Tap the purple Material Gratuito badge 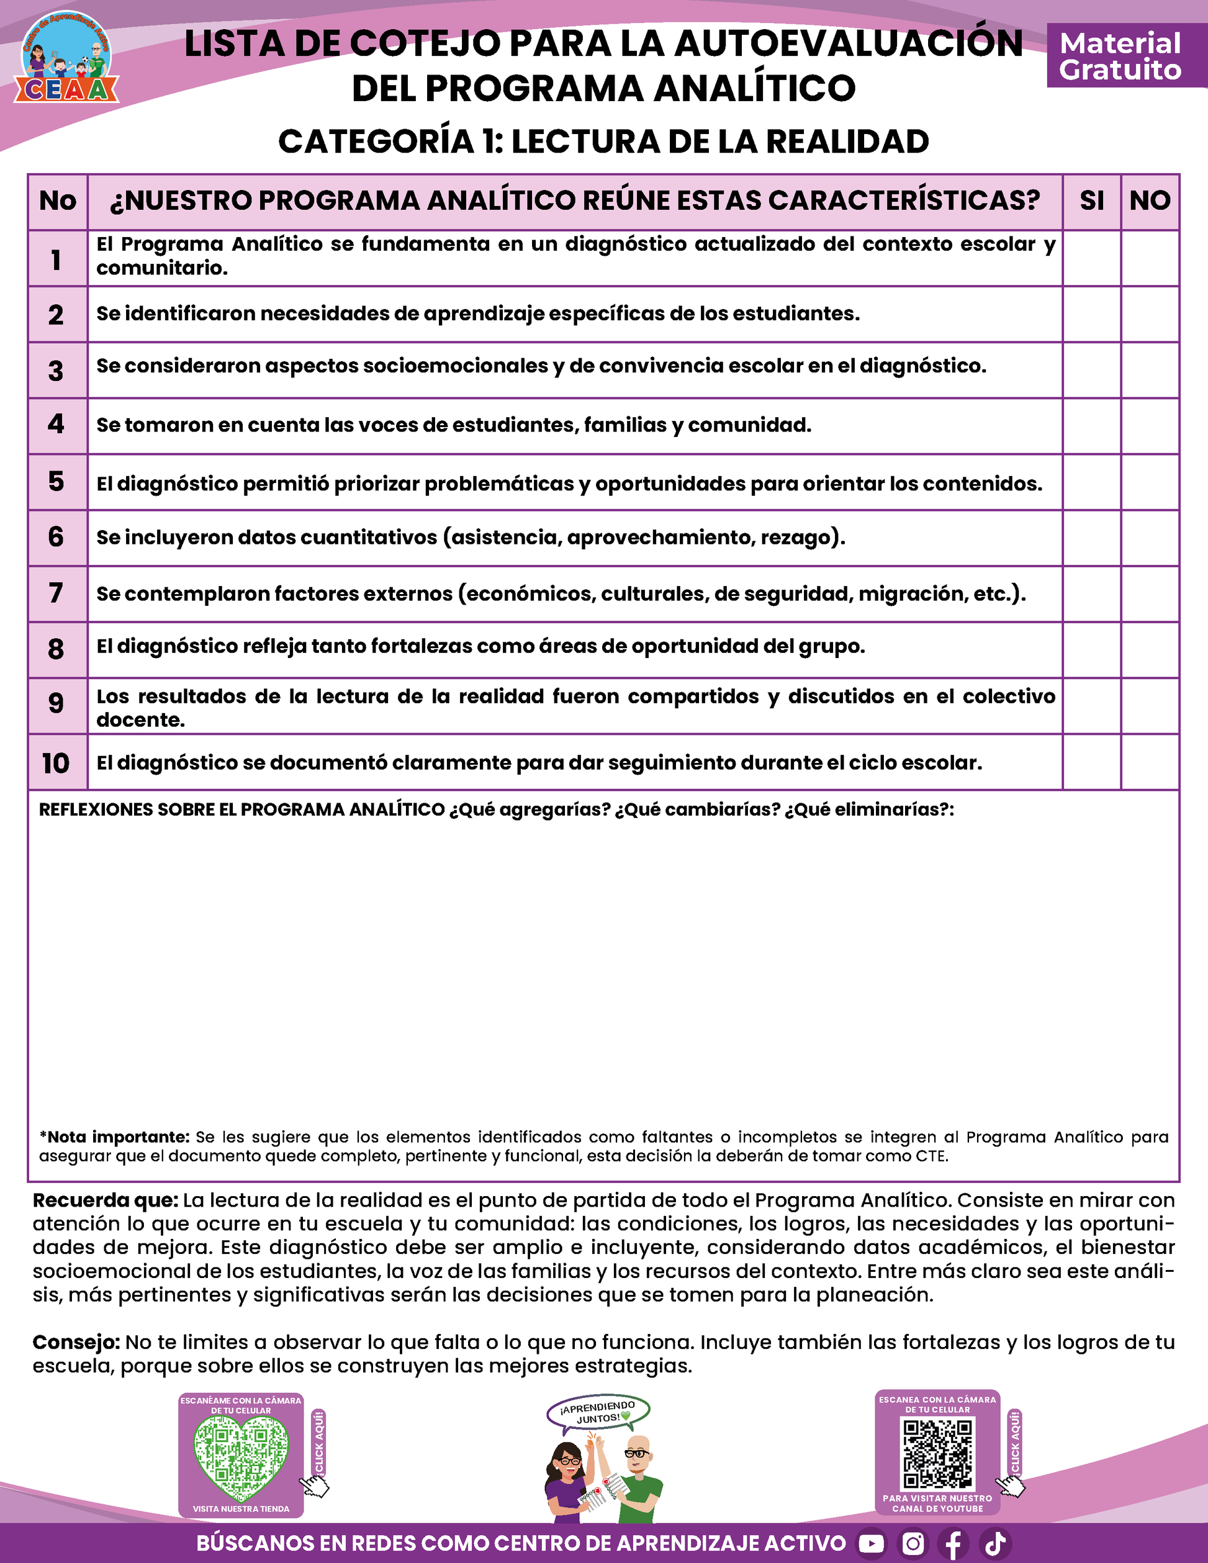coord(1120,56)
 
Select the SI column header coord(1091,201)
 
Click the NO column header coord(1150,201)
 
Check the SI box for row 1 coord(1091,258)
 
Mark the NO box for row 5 coord(1150,482)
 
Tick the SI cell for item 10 coord(1091,762)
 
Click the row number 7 coord(56,593)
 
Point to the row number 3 coord(56,371)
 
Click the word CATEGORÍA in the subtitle coord(376,142)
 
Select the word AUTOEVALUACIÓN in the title coord(849,44)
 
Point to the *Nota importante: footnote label coord(114,1137)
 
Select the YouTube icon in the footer coord(871,1544)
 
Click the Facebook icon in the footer coord(954,1544)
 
